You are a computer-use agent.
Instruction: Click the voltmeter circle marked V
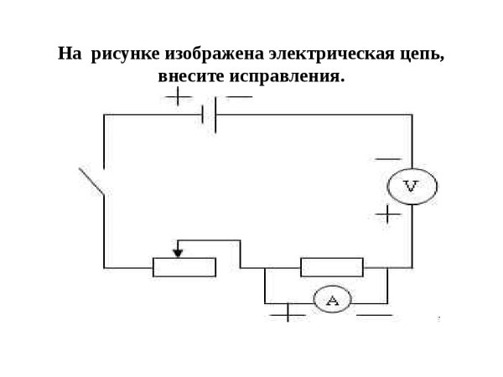pos(410,186)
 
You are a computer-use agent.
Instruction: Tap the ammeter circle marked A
pos(331,301)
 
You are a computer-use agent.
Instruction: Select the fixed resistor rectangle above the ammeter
pos(332,267)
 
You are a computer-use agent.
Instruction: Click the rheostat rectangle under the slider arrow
pos(184,267)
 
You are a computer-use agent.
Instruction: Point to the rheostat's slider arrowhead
pos(178,250)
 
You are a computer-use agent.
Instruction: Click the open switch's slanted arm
pos(91,182)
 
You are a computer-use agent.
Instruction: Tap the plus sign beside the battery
pos(178,96)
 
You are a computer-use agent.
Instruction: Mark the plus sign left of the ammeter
pos(288,313)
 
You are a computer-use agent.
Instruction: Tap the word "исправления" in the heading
pos(287,76)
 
